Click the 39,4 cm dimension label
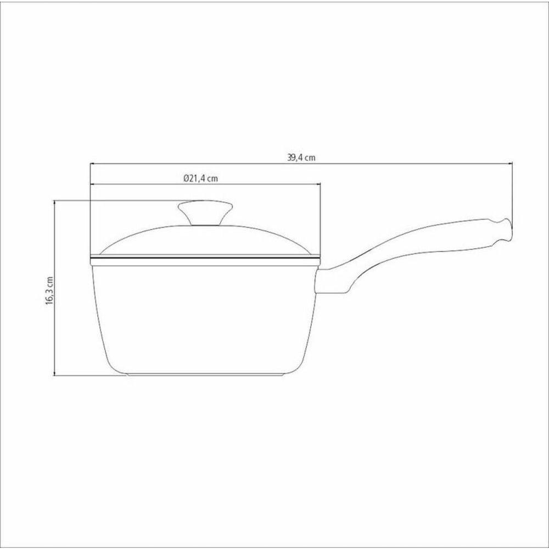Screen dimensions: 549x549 [301, 158]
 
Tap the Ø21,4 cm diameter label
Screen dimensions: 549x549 [200, 178]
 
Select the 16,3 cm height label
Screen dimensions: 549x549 [49, 290]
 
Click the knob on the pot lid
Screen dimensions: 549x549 [205, 212]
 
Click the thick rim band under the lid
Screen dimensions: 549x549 [205, 260]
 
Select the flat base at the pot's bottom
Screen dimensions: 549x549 [205, 374]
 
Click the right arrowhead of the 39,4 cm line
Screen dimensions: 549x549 [511, 163]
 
